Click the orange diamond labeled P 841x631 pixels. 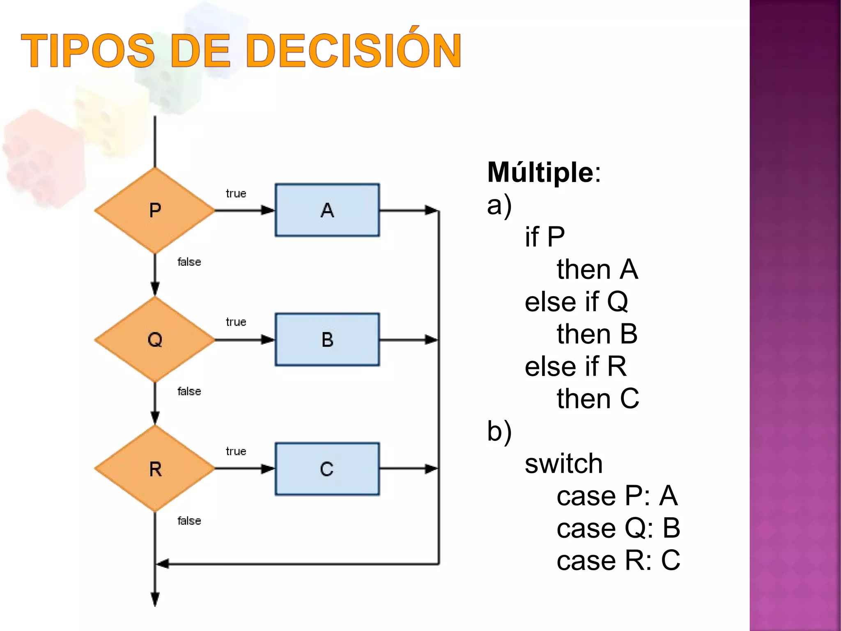(155, 210)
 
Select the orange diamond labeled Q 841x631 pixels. (155, 340)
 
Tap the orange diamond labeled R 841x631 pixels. (155, 469)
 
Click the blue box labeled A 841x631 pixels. (327, 210)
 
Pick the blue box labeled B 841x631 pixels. (327, 340)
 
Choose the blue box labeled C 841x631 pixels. (327, 469)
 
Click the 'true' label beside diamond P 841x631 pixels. (236, 193)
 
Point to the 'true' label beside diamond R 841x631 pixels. (236, 451)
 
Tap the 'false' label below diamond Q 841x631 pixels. (189, 391)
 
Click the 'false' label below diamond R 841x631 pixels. (189, 521)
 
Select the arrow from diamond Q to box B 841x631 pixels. (245, 340)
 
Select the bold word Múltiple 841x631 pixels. (540, 172)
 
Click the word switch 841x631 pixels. (563, 463)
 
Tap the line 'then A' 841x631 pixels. (597, 269)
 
